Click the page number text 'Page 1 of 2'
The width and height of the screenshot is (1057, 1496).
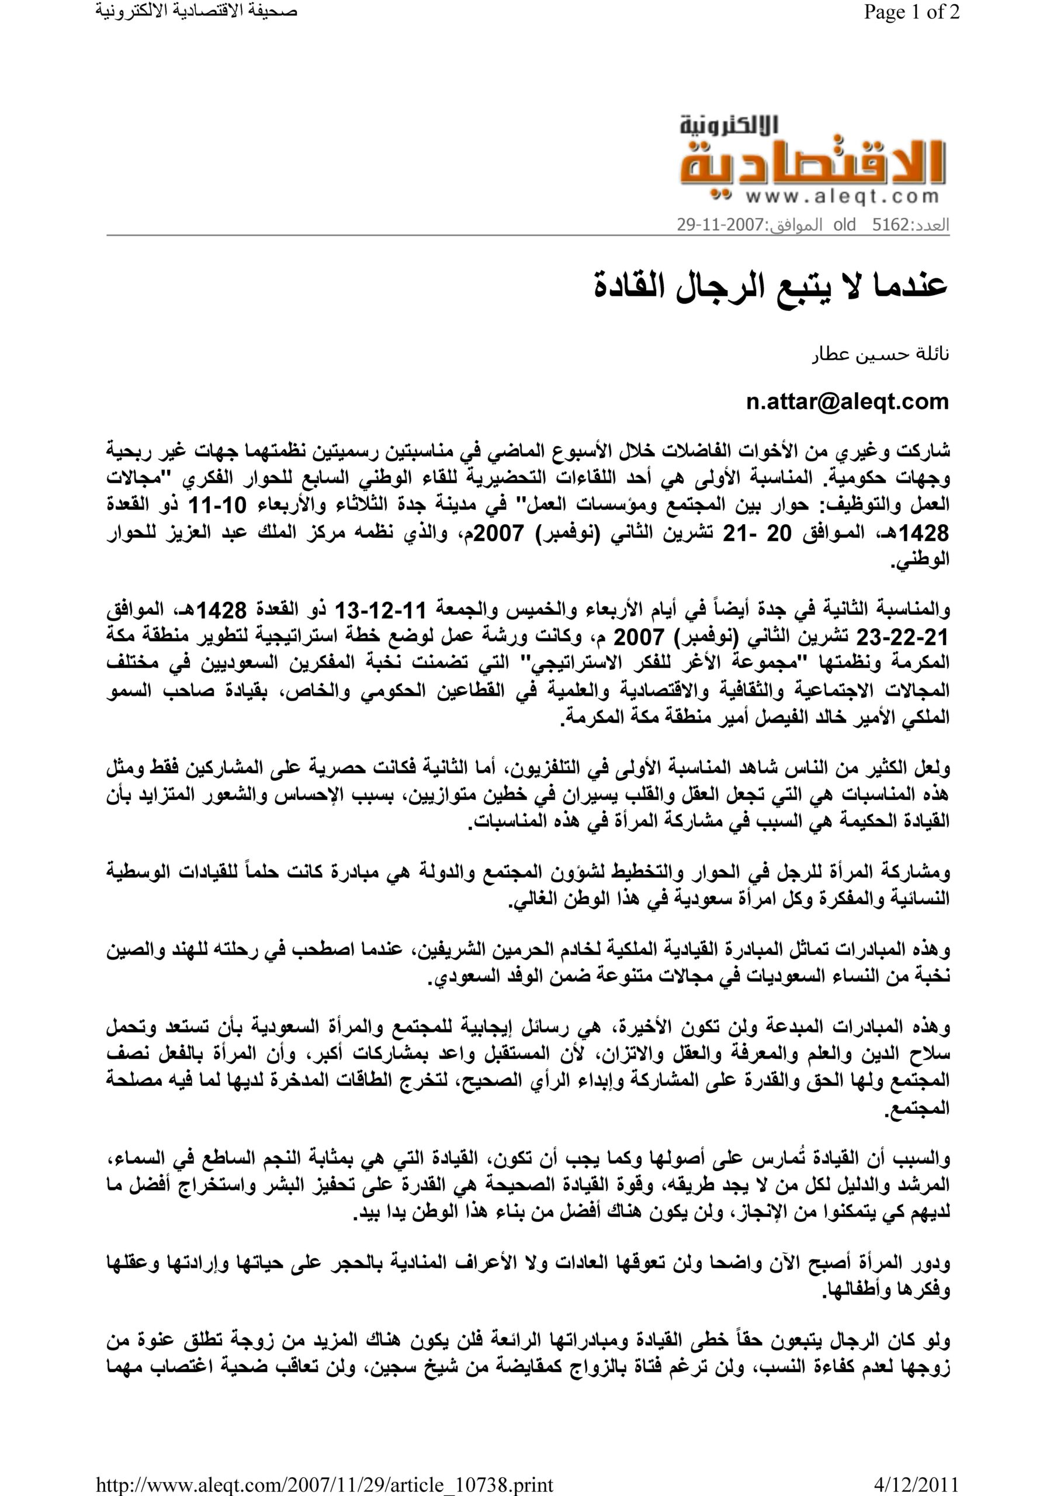[911, 12]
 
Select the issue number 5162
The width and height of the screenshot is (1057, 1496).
[889, 226]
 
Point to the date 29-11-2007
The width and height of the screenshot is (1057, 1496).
[719, 226]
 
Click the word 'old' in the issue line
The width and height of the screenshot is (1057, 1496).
[844, 226]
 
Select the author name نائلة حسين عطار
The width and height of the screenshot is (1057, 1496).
[881, 355]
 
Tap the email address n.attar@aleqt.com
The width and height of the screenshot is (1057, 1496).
[847, 401]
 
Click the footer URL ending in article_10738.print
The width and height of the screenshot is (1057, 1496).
[324, 1484]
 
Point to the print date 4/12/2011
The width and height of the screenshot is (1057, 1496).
[916, 1484]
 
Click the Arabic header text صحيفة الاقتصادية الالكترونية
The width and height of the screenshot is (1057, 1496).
[196, 12]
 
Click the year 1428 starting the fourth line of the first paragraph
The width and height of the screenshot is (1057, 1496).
[924, 534]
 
